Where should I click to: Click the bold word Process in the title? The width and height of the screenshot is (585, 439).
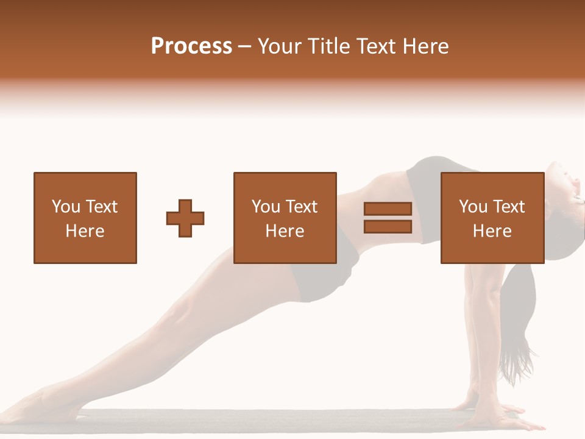tap(191, 46)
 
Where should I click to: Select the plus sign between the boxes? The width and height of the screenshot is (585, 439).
tap(185, 218)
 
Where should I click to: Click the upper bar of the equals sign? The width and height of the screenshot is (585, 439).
tap(388, 209)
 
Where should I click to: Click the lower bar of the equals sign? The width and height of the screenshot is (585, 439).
tap(388, 227)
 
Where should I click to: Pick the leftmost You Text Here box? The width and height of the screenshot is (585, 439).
tap(85, 218)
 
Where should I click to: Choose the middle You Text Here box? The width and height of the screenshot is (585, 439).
tap(285, 218)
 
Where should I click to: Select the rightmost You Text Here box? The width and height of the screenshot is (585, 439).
tap(492, 218)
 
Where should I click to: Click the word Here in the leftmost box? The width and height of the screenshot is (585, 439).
tap(85, 231)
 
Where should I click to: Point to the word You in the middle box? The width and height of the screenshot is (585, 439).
tap(265, 207)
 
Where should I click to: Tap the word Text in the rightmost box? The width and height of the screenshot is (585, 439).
tap(507, 207)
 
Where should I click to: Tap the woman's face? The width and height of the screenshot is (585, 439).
tap(570, 183)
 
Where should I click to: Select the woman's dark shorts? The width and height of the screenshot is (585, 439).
tap(323, 268)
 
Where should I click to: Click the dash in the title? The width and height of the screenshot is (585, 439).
tap(245, 46)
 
